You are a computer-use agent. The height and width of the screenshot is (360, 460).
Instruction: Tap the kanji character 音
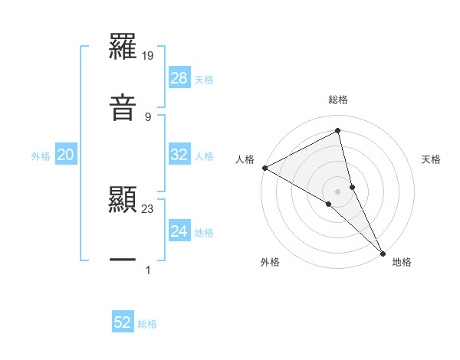[123, 106]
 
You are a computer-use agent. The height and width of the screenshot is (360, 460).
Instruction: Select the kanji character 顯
[123, 201]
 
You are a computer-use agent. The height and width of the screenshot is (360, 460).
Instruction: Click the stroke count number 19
[148, 56]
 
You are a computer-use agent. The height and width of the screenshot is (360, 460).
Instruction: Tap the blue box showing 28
[179, 78]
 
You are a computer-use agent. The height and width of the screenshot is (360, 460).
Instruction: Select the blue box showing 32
[179, 155]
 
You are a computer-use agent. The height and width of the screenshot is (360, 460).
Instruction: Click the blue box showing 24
[179, 231]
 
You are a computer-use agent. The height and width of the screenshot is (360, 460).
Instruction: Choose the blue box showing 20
[66, 155]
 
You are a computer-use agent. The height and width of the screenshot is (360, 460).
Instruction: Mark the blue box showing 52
[123, 322]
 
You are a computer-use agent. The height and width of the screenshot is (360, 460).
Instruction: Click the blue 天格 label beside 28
[204, 79]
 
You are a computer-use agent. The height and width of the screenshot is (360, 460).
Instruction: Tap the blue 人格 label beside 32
[204, 155]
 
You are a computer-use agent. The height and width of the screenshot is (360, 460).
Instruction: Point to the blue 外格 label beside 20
[41, 155]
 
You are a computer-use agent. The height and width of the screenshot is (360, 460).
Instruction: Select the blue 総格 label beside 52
[147, 323]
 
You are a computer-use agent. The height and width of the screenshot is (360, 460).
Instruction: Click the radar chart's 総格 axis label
[338, 100]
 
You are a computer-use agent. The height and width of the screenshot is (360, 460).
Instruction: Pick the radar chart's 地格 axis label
[402, 262]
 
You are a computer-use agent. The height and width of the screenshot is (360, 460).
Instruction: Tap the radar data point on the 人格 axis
[264, 168]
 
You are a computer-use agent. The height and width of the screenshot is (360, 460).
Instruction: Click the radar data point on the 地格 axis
[383, 252]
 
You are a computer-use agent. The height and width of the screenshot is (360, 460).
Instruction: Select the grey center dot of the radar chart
[338, 191]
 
